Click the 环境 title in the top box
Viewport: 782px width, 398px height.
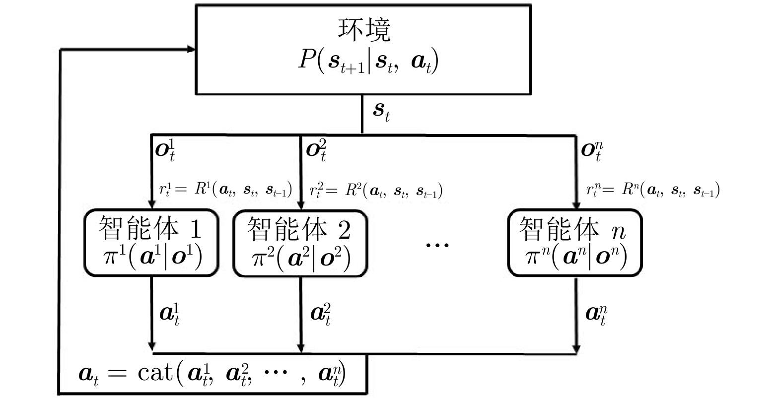[x=364, y=29]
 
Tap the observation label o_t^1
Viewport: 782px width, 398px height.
[x=165, y=150]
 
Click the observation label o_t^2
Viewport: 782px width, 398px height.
[x=316, y=150]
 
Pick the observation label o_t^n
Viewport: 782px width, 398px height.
[x=592, y=150]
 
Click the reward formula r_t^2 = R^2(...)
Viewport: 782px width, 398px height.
[x=376, y=190]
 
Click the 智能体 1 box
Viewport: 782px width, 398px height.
[x=151, y=243]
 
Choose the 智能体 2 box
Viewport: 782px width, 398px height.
[x=300, y=243]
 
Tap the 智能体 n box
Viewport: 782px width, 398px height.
[x=575, y=243]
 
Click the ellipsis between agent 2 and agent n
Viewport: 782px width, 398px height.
[x=437, y=244]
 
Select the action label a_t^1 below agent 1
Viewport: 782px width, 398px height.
[x=169, y=314]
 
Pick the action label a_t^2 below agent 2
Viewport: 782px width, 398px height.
[x=321, y=314]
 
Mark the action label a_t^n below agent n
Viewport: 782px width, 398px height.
[x=596, y=314]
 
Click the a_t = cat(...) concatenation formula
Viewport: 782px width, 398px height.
[x=213, y=373]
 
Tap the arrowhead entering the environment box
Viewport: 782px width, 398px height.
[x=191, y=49]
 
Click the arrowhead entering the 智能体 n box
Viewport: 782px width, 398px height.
[x=576, y=205]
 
